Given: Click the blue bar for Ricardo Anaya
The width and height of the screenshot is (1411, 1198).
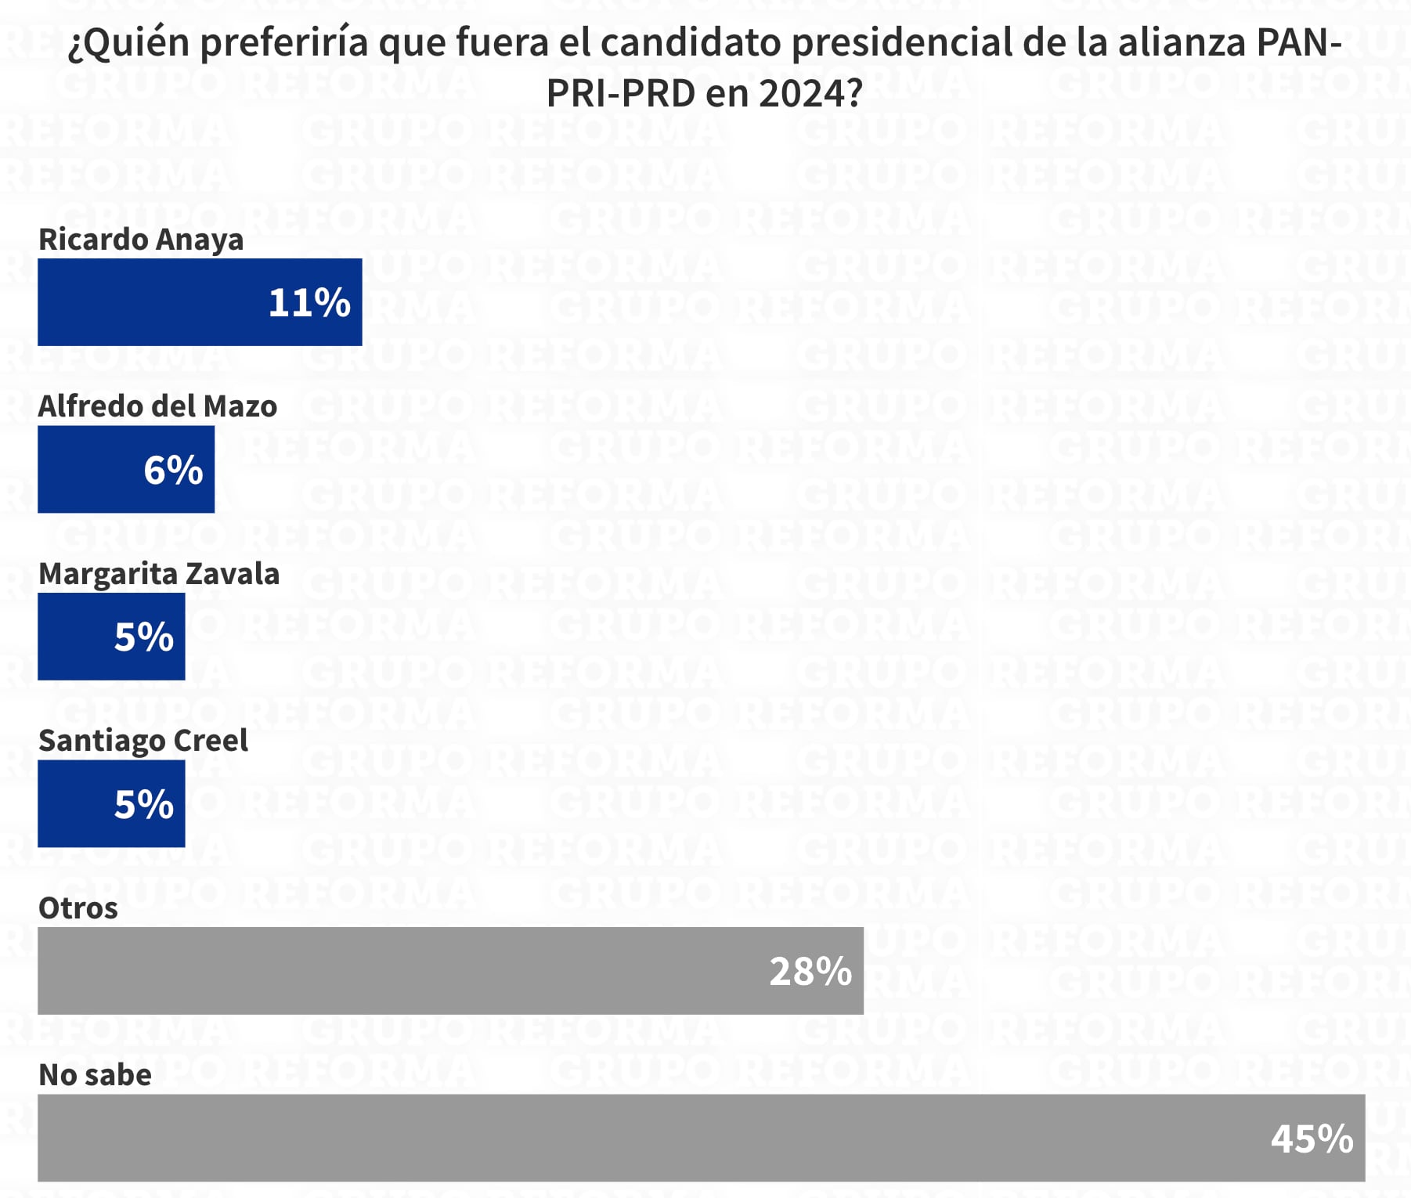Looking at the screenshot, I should pos(157,302).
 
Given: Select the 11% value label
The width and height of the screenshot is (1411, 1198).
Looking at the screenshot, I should pos(309,303).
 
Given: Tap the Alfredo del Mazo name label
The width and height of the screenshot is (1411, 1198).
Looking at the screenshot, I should pos(157,406).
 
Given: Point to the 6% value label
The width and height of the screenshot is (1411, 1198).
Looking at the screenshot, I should pos(173,470).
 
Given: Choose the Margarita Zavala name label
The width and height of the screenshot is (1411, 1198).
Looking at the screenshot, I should pos(159,574).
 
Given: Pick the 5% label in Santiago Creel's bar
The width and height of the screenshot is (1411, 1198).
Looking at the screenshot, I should pos(144,804).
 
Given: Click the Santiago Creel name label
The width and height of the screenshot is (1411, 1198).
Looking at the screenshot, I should pos(143,741).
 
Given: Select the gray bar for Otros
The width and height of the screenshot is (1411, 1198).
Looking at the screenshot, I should pos(392,971).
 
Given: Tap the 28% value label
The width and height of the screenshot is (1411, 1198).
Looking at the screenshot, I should pos(810,972).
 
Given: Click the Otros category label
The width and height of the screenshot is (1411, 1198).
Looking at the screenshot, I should pos(78,908).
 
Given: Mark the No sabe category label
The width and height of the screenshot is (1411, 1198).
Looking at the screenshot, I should pos(96,1075).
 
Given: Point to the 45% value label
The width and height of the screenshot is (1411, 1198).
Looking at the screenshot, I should pos(1312,1138).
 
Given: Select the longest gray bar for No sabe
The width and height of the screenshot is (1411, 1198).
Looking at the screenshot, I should pos(626,1138).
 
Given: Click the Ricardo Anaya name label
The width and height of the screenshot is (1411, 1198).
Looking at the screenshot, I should pos(141,240).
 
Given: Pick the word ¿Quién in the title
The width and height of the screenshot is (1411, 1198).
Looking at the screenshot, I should pos(128,44).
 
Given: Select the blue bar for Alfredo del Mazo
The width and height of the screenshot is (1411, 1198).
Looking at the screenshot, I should pos(86,470).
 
